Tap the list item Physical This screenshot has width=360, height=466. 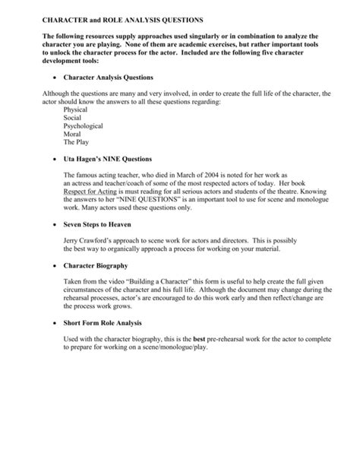pyautogui.click(x=76, y=110)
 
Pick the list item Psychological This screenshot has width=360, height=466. pyautogui.click(x=83, y=127)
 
